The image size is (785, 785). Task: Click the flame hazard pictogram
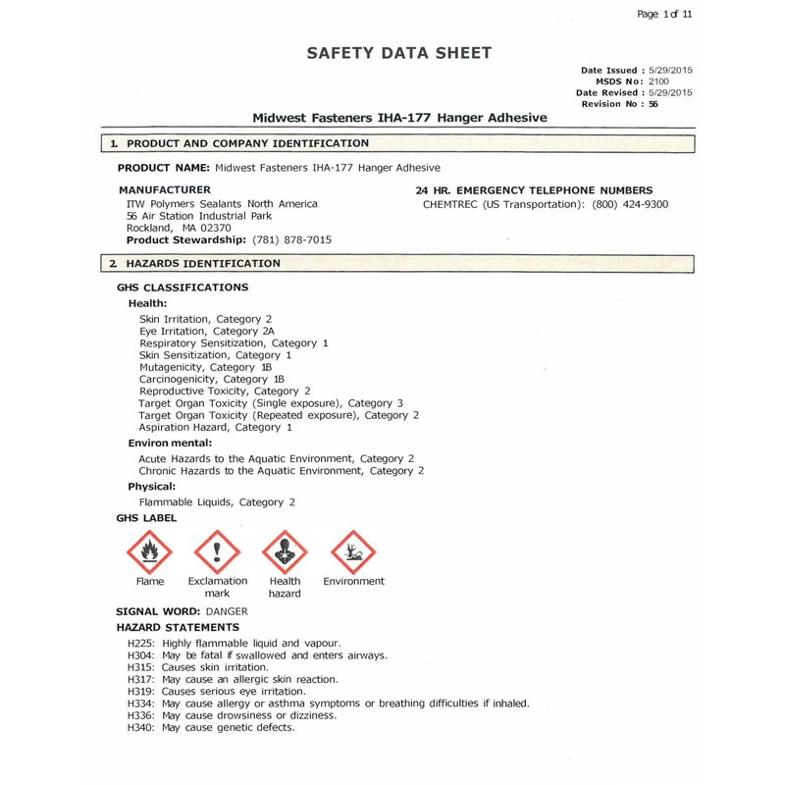click(151, 551)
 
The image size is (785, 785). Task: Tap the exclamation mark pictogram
click(218, 551)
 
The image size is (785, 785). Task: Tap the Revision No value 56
click(652, 103)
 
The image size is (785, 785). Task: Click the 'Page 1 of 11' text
click(664, 14)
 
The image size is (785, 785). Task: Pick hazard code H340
click(143, 728)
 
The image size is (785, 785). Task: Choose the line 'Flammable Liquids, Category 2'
click(217, 502)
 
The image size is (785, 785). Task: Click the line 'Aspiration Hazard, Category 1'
click(215, 428)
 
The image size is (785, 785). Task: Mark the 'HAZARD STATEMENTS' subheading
click(178, 626)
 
